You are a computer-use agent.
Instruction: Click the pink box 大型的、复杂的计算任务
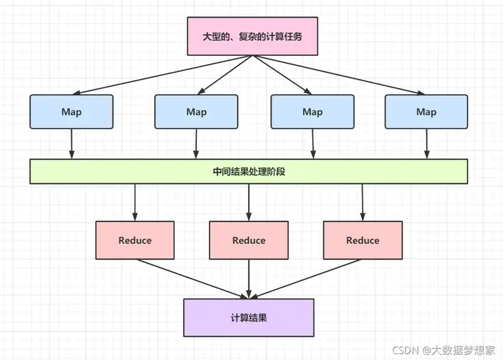point(252,36)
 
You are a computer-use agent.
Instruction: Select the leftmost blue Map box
point(71,111)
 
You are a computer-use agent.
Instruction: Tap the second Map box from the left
point(196,111)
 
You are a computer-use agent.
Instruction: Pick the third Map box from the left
point(312,111)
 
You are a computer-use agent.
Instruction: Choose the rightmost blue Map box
point(426,111)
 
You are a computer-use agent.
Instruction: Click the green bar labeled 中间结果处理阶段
point(249,171)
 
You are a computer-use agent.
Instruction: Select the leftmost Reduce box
point(135,240)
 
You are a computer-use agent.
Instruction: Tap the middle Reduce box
point(249,240)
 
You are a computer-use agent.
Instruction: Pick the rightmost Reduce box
point(363,240)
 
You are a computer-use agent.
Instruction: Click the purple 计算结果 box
point(249,317)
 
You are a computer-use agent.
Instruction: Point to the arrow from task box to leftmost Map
point(161,74)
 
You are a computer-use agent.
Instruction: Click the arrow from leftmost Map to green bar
point(72,144)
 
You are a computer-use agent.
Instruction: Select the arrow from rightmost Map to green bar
point(426,144)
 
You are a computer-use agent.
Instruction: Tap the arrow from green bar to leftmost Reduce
point(135,202)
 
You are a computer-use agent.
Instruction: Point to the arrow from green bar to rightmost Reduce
point(363,202)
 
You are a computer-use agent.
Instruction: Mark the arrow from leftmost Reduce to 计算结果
point(192,279)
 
